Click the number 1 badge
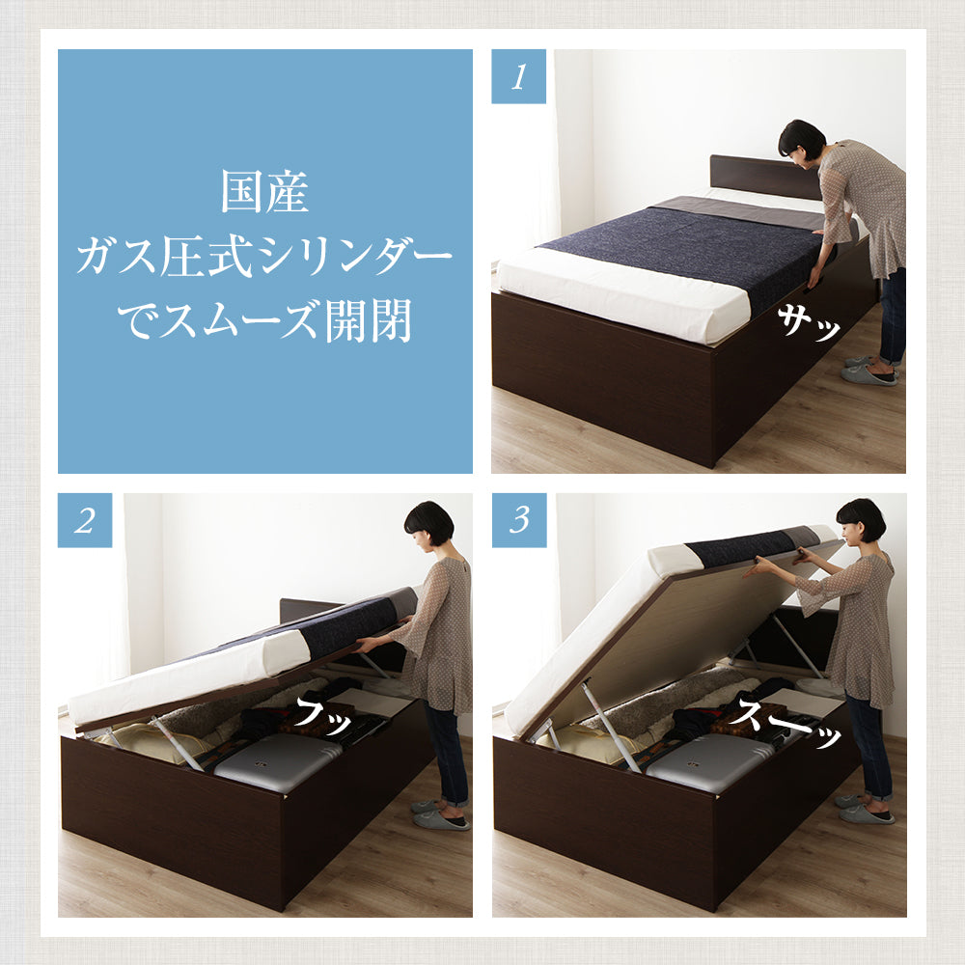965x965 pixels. tap(518, 76)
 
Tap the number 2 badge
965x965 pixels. tap(85, 520)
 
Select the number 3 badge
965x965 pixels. tap(519, 520)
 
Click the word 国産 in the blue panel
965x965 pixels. tap(264, 191)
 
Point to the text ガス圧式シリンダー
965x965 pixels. tap(264, 258)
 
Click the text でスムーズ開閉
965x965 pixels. tap(264, 321)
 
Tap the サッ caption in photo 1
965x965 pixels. tap(808, 322)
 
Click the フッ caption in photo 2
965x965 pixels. tap(324, 716)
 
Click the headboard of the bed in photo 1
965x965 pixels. tap(765, 176)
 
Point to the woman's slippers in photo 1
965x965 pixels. tap(869, 371)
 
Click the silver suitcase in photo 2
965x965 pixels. tap(278, 762)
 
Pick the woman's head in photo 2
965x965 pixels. tap(428, 524)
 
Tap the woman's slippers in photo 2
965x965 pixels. tap(439, 814)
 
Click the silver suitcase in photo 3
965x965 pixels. tap(709, 762)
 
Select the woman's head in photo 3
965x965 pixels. tap(860, 521)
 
